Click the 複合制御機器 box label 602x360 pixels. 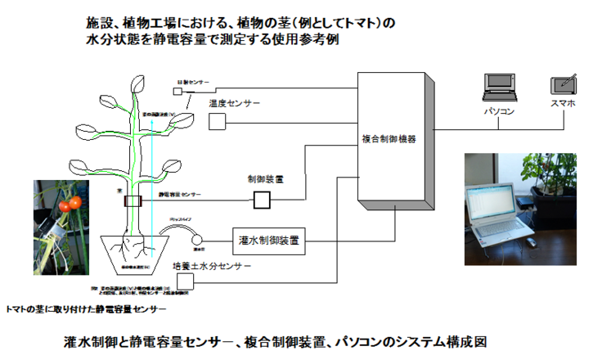point(389,139)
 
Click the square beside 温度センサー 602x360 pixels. point(216,122)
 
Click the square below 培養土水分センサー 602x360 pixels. point(185,281)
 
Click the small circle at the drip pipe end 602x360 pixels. point(199,236)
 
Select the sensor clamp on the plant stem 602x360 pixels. point(133,199)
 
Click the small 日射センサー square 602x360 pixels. point(177,92)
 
